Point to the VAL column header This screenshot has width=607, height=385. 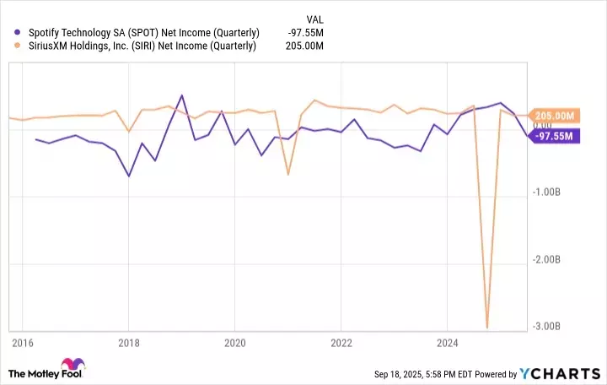[x=313, y=19]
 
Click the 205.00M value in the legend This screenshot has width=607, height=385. [x=303, y=46]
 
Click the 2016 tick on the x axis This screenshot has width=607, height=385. [x=22, y=344]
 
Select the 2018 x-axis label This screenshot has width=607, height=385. [x=128, y=344]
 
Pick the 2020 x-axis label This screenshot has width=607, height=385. [x=235, y=344]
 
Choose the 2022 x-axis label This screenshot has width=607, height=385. [x=341, y=344]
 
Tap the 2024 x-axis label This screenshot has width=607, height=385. [x=449, y=344]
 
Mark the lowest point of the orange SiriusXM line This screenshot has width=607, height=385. [x=487, y=327]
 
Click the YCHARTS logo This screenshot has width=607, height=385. [x=566, y=373]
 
